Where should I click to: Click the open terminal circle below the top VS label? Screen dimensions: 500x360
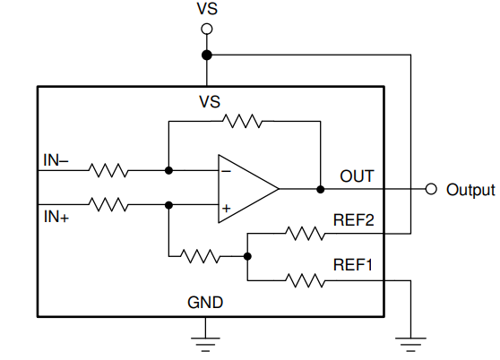(207, 29)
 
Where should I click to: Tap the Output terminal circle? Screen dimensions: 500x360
(431, 189)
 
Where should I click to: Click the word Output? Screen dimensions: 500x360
(470, 190)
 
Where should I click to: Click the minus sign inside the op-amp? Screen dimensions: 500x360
(226, 172)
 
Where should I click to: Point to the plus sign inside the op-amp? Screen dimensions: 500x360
(226, 209)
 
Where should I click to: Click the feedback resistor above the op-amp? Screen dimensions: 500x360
(242, 121)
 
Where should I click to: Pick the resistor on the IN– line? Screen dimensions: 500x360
(108, 170)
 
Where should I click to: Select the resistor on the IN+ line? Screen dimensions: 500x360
(108, 204)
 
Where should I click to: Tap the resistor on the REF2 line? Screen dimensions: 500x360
(306, 234)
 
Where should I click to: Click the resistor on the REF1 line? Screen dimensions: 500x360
(306, 280)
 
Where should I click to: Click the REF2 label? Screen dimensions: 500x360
(353, 220)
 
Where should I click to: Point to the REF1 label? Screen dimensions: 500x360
(353, 265)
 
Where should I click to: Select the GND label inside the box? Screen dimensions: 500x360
(205, 303)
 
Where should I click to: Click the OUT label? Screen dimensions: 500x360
(357, 176)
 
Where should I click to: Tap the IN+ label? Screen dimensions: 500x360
(56, 217)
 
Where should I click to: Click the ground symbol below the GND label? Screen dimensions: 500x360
(205, 345)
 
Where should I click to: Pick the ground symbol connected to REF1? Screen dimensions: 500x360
(410, 345)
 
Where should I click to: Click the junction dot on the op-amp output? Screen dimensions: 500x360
(321, 189)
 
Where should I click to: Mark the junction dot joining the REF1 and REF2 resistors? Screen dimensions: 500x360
(247, 256)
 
